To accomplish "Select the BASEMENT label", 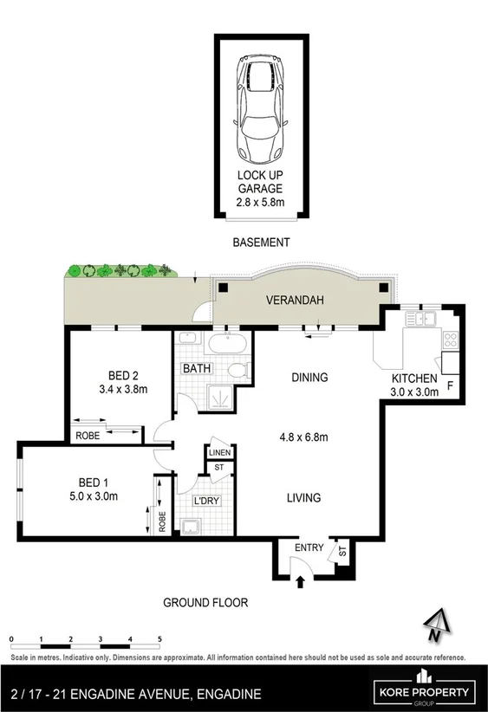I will click(261, 243).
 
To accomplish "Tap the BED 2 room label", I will click(124, 375).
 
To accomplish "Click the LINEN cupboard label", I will click(218, 451).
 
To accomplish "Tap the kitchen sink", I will click(424, 319).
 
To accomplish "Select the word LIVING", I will click(303, 498).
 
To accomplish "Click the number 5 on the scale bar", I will click(159, 638).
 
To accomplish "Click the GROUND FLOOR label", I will click(206, 601).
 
